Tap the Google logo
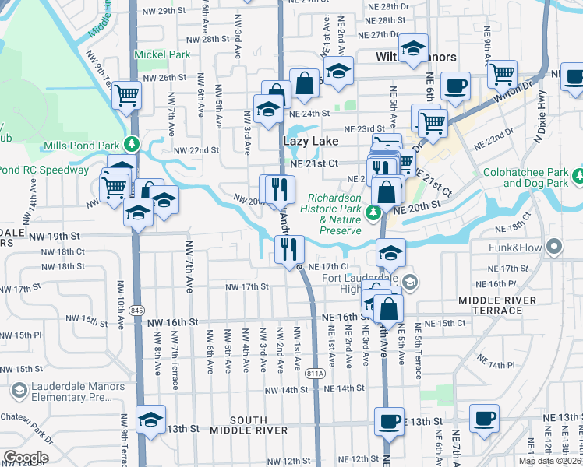(26, 457)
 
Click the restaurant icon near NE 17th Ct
(289, 251)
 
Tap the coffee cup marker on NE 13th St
(388, 422)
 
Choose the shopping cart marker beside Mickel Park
(126, 97)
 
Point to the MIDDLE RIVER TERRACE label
(497, 304)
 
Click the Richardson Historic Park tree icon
(374, 212)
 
